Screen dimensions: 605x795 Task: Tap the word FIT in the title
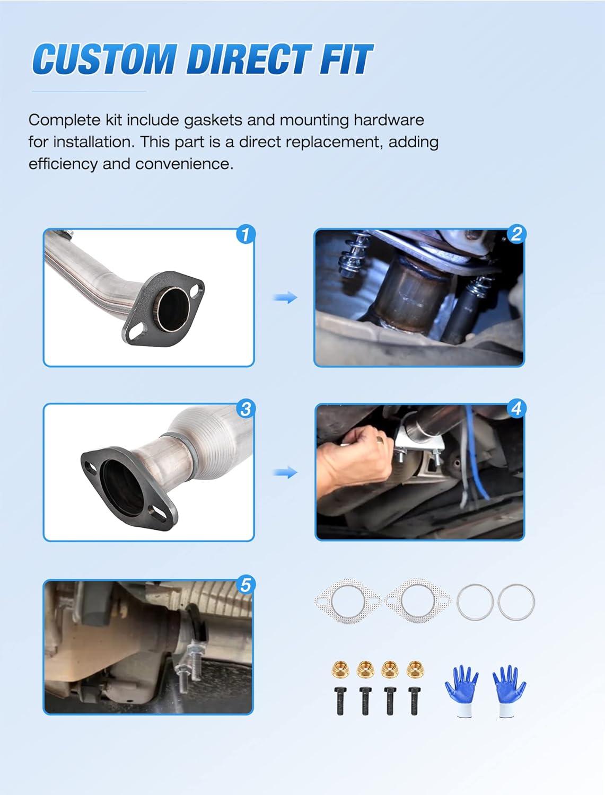pyautogui.click(x=345, y=58)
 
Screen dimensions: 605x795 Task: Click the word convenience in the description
pyautogui.click(x=184, y=164)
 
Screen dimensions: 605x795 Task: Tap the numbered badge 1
pyautogui.click(x=245, y=235)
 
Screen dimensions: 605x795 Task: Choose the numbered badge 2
pyautogui.click(x=516, y=234)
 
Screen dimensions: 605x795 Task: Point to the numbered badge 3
pyautogui.click(x=245, y=410)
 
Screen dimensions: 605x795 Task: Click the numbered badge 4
pyautogui.click(x=516, y=409)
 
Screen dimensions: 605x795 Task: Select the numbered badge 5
pyautogui.click(x=245, y=585)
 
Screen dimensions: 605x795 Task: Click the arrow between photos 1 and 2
pyautogui.click(x=285, y=298)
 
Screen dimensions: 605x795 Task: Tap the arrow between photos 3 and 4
pyautogui.click(x=285, y=473)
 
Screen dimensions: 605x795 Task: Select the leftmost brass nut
pyautogui.click(x=340, y=669)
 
